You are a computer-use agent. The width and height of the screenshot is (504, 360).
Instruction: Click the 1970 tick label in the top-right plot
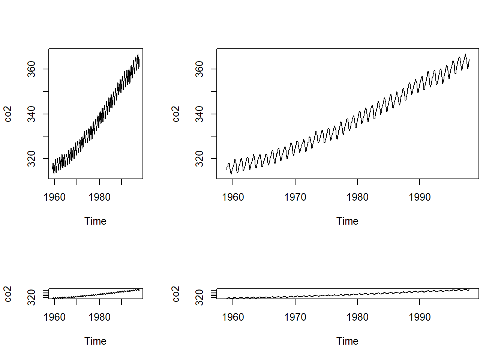pos(295,197)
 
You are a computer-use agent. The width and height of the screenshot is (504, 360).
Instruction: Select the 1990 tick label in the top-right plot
pos(420,197)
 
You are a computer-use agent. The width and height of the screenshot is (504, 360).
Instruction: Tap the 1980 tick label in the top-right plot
pos(357,197)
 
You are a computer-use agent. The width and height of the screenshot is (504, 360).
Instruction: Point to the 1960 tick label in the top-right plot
pos(233,197)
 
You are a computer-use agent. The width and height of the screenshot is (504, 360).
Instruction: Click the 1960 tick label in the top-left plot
pos(54,197)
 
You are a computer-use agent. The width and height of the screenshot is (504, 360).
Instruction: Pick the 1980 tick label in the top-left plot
pos(99,197)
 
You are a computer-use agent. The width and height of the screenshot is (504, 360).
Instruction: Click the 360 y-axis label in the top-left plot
pos(31,69)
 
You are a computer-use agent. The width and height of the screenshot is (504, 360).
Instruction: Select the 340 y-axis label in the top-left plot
pos(31,114)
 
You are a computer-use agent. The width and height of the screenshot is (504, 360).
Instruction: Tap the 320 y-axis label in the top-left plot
pos(31,159)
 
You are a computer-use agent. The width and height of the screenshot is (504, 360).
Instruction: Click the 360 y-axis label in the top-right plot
pos(199,69)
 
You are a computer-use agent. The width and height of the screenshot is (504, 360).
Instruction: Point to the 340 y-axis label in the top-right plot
pos(199,114)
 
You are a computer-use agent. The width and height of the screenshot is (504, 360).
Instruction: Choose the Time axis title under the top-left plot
pos(95,221)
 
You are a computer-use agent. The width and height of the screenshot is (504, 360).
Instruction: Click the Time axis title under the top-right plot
pos(347,221)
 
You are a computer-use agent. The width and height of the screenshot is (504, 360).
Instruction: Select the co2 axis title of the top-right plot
pos(175,114)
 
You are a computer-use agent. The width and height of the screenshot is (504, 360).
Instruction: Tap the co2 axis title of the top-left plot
pos(8,114)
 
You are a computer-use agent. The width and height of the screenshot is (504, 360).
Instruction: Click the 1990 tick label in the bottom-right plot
pos(420,317)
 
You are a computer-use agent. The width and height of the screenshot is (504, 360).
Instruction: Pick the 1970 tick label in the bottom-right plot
pos(295,317)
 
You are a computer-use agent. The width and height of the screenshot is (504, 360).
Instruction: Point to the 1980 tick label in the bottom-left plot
pos(99,317)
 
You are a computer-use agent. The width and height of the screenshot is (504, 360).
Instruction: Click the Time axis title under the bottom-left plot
pos(95,341)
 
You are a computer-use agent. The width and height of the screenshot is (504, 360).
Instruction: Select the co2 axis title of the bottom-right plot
pos(175,294)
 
